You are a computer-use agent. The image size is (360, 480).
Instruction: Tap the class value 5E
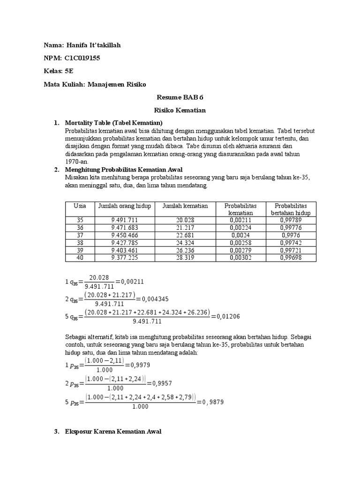tap(69, 71)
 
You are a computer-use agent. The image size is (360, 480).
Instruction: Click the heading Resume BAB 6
tap(180, 97)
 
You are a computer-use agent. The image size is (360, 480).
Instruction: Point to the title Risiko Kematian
tap(180, 111)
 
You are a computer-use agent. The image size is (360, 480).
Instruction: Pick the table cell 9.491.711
tap(125, 220)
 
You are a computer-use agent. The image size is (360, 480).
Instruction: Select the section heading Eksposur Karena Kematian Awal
tap(113, 431)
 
